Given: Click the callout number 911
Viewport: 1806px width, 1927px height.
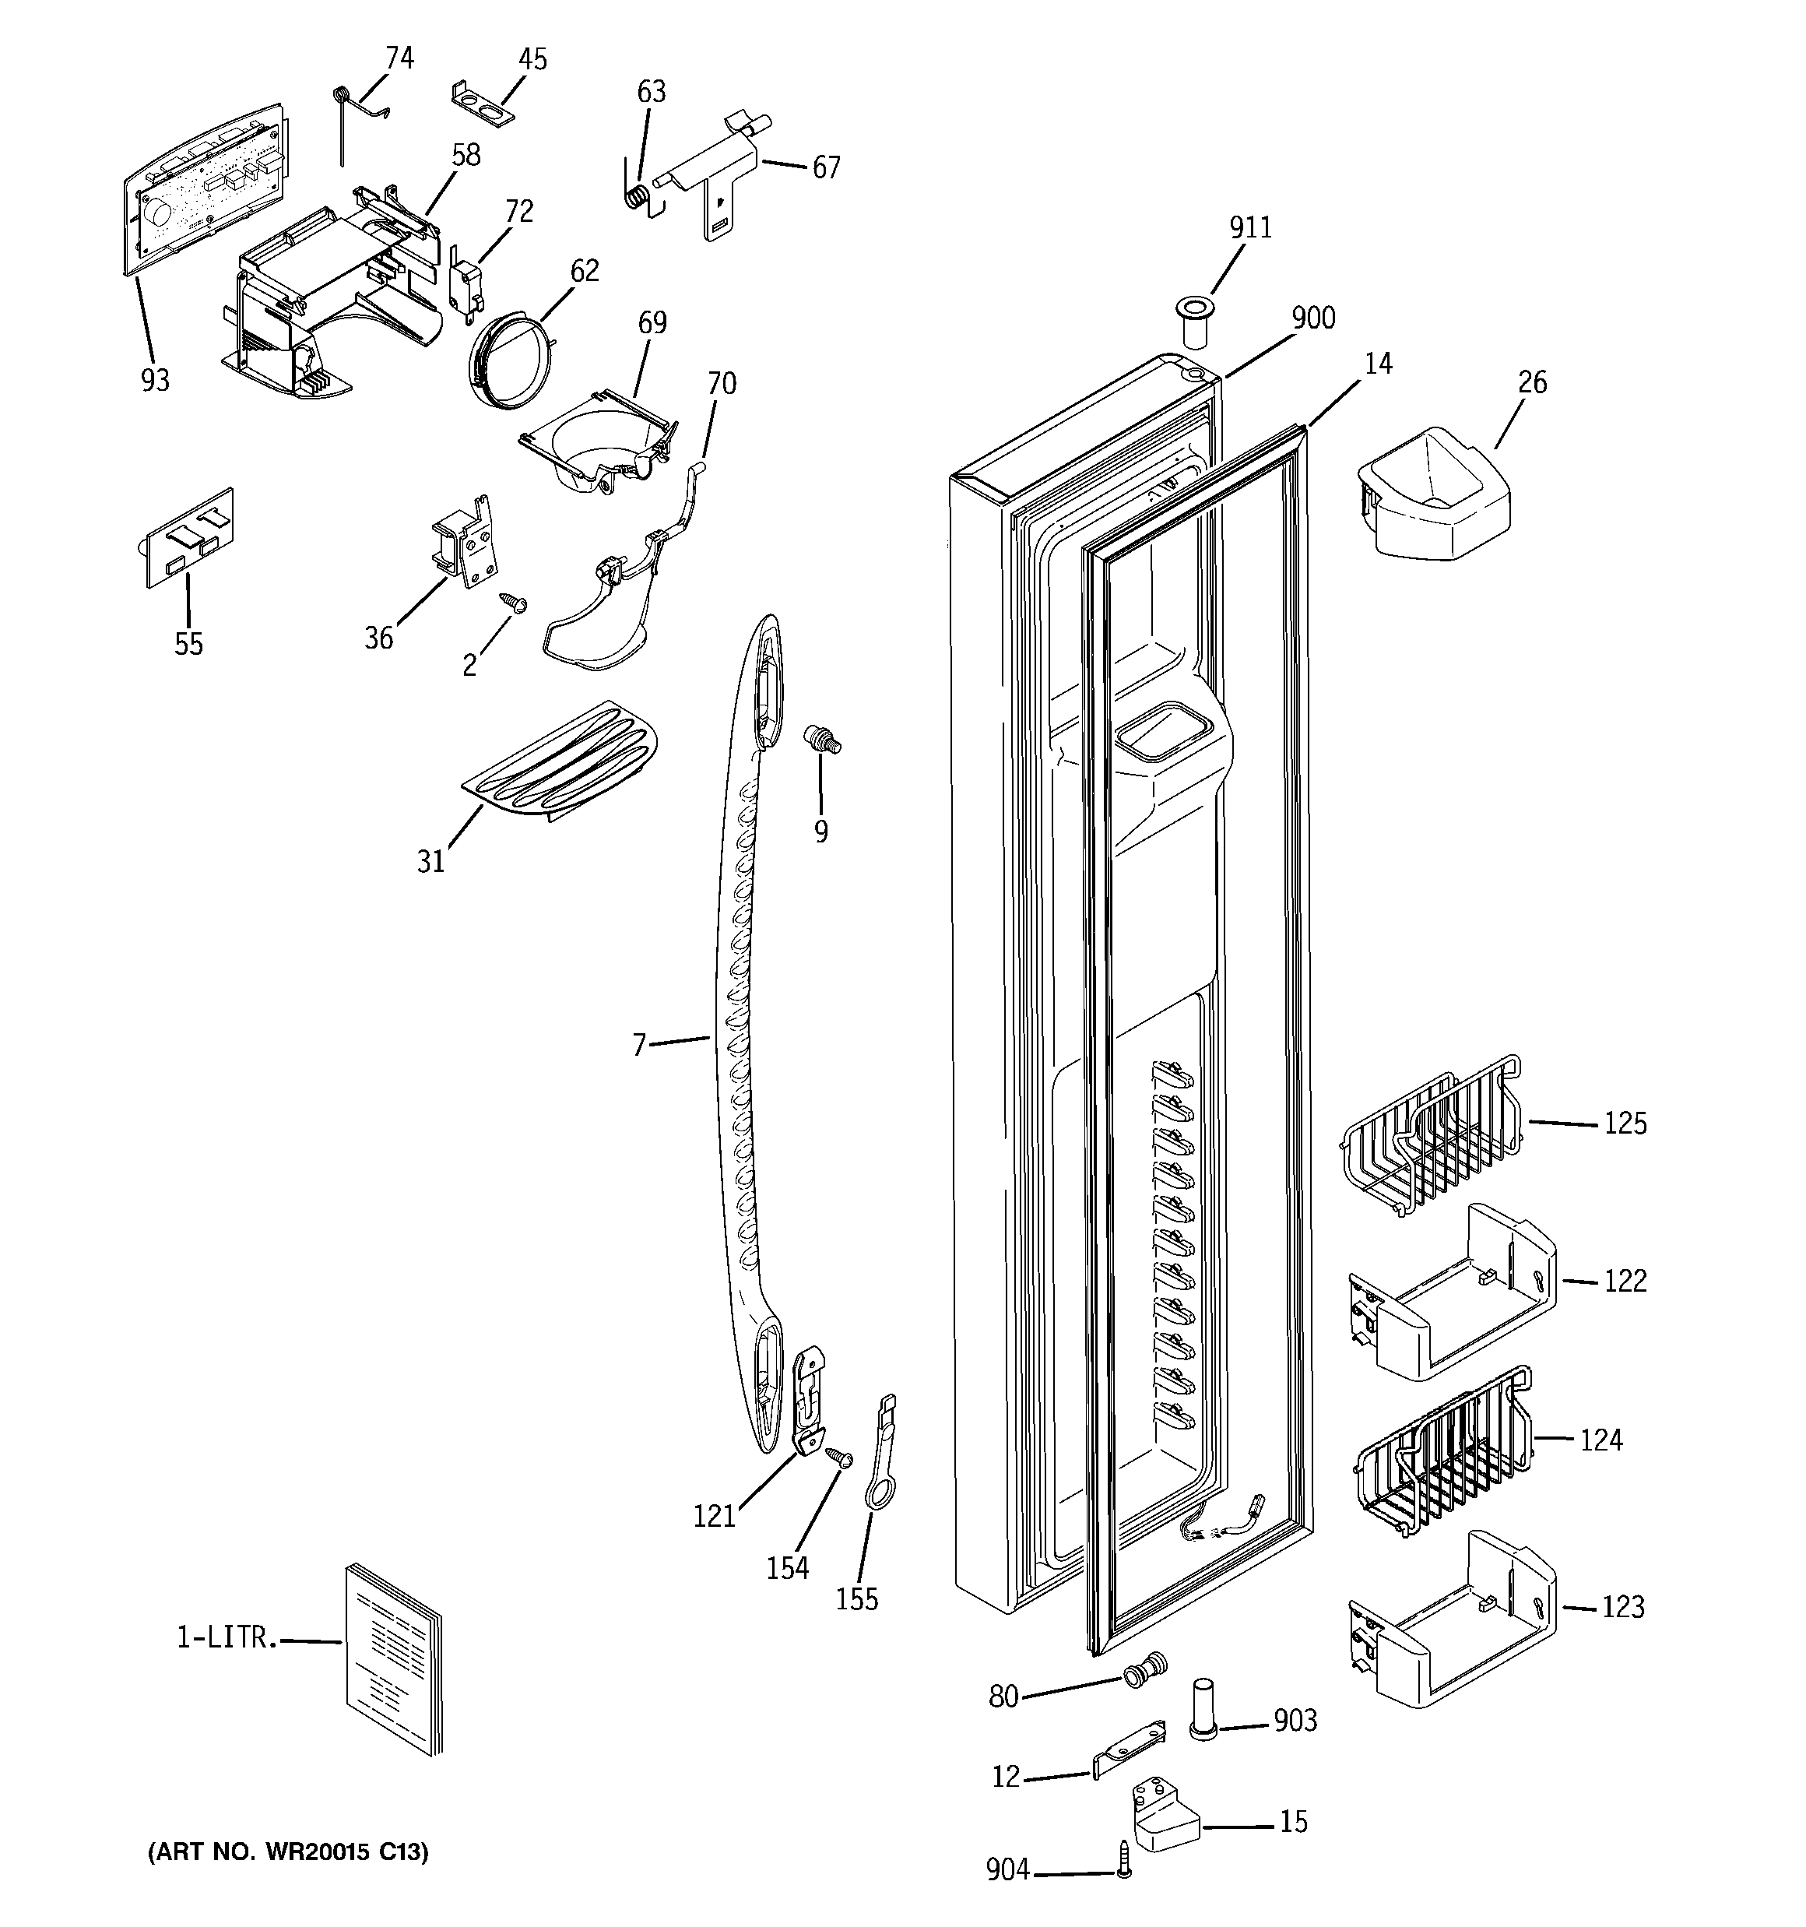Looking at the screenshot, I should tap(1249, 228).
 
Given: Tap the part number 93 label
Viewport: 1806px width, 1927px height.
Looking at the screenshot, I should tap(155, 381).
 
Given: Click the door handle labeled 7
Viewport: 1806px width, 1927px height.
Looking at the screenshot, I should tap(747, 1047).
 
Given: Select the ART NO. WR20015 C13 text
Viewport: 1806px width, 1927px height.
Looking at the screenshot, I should tap(288, 1852).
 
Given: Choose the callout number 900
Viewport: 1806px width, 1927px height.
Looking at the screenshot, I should tap(1312, 318).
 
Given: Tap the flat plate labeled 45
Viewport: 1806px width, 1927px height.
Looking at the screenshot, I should tap(483, 104).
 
